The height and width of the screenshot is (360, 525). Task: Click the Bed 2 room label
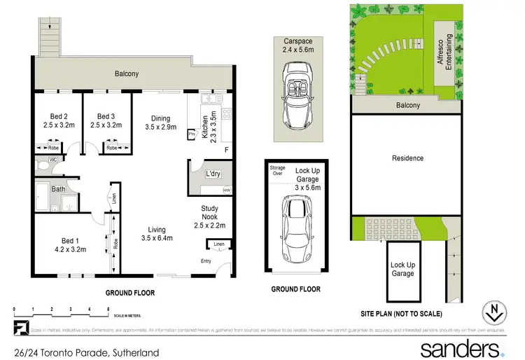coord(58,120)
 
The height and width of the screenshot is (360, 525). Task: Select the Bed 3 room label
coord(106,120)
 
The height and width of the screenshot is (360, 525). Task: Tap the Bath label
coord(57,189)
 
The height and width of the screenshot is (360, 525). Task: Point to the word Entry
coord(206,261)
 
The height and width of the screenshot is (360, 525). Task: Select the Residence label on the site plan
coord(407,158)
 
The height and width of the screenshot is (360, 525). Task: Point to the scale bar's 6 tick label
coord(108,308)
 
